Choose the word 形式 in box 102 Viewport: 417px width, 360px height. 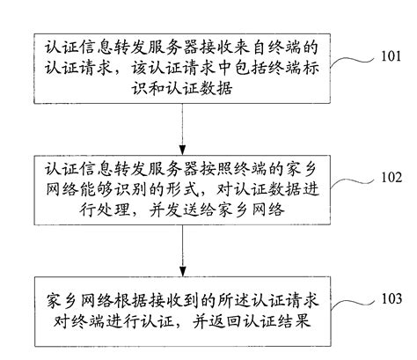pyautogui.click(x=193, y=187)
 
